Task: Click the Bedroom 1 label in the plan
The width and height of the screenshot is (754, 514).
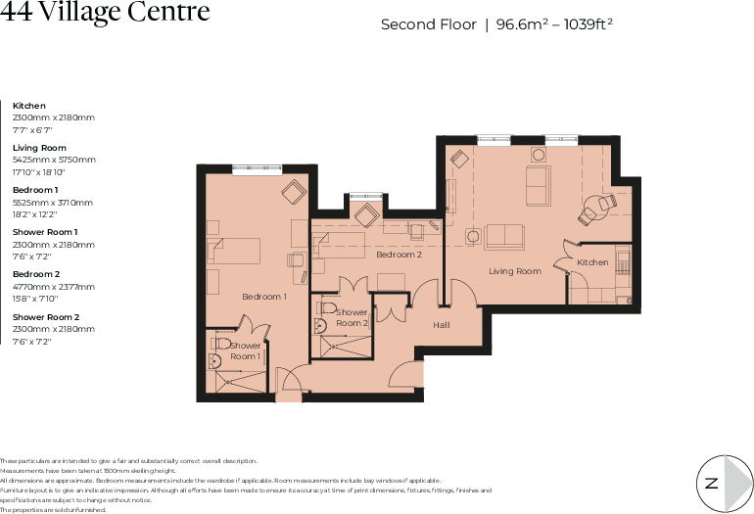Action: pos(264,297)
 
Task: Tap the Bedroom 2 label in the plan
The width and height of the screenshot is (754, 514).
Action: pos(399,255)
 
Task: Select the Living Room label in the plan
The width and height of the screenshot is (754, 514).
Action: pos(515,271)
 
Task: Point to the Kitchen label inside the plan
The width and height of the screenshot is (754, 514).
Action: pos(592,262)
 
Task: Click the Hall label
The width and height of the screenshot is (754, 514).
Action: pos(441,324)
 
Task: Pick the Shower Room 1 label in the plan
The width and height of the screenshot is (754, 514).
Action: pos(245,350)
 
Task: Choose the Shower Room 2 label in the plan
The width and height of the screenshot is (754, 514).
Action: pos(352,317)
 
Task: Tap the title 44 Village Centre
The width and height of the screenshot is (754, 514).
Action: pos(105,13)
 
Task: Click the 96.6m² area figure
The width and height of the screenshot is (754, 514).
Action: pos(521,24)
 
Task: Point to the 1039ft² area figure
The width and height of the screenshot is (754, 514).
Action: pos(586,24)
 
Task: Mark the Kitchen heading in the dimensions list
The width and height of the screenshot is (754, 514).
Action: pos(29,105)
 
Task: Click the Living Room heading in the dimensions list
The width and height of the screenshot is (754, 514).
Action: pos(38,147)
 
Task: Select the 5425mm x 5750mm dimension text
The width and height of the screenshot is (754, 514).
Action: pos(54,159)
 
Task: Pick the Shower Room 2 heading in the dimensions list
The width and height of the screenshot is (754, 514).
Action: pos(46,317)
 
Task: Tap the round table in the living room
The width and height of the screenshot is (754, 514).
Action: pos(594,207)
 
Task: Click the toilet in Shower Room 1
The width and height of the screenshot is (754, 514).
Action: pos(222,345)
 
